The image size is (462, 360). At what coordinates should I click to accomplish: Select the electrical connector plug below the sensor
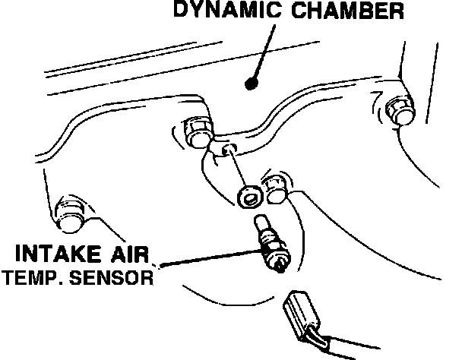tap(299, 314)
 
